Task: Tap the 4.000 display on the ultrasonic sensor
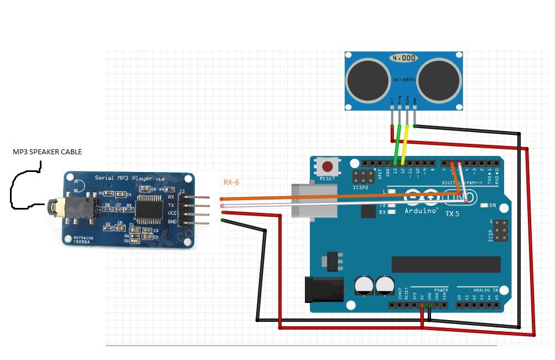[403, 58]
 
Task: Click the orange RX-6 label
[231, 182]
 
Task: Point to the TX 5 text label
[452, 213]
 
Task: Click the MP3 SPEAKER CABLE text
[47, 152]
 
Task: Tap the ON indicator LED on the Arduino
[485, 205]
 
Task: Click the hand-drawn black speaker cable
[22, 188]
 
